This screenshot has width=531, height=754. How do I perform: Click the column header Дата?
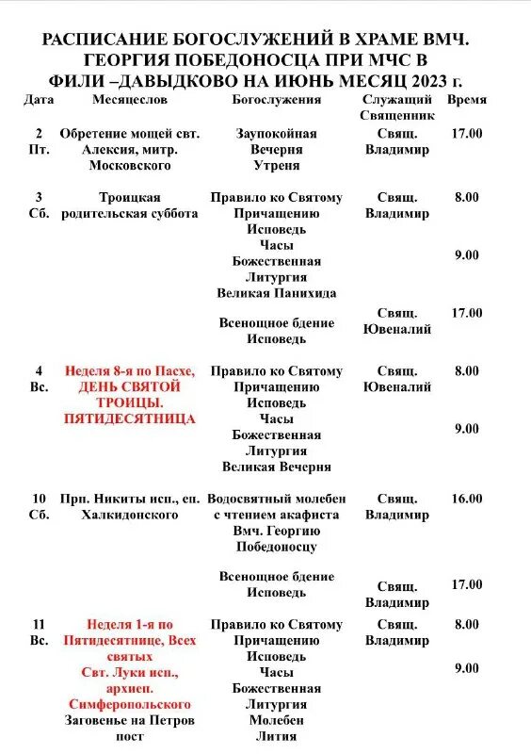click(39, 99)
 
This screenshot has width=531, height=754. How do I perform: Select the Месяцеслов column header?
click(130, 99)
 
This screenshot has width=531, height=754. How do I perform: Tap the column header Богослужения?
click(276, 99)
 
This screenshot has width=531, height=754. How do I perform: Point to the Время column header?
click(467, 99)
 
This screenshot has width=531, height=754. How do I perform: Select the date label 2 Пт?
click(39, 141)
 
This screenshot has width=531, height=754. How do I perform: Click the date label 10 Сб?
click(39, 507)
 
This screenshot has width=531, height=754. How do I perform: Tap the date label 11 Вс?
click(39, 632)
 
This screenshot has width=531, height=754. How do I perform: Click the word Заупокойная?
click(276, 134)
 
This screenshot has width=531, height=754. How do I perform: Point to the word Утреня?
click(276, 166)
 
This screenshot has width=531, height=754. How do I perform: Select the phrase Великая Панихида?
click(276, 293)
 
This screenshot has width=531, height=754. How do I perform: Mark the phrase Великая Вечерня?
click(276, 467)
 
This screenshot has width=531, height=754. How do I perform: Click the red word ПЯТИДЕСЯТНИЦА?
click(130, 418)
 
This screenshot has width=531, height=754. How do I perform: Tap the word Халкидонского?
click(130, 516)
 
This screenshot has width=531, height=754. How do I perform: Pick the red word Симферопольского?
click(130, 705)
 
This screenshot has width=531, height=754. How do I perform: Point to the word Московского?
click(130, 166)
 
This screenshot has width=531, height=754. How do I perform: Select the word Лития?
click(276, 737)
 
